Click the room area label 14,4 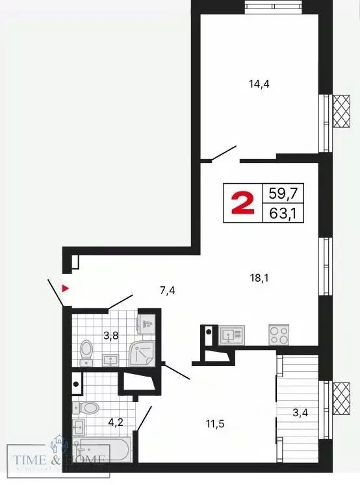(x=259, y=83)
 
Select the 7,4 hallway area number (x=167, y=290)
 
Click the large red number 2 (x=242, y=203)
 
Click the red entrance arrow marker (x=65, y=288)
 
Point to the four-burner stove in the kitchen (x=279, y=334)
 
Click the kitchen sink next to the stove (x=231, y=334)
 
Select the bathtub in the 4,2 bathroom (x=104, y=449)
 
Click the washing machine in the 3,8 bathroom (x=147, y=323)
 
